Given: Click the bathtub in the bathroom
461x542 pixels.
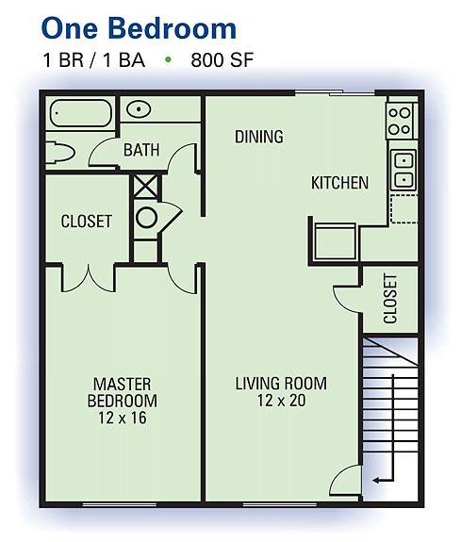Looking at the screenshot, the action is [x=81, y=113].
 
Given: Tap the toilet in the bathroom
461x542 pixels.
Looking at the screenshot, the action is [x=59, y=153].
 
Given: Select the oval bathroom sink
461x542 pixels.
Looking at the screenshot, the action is [x=139, y=109].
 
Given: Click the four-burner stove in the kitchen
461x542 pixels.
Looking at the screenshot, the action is [x=401, y=121].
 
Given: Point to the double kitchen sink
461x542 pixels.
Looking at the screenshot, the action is [x=403, y=170].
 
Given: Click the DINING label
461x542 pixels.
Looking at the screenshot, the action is [x=259, y=137].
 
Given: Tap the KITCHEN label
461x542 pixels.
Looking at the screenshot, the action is [x=339, y=183].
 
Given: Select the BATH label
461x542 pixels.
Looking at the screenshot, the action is [x=141, y=150].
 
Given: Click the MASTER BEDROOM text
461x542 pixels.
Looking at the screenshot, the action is [x=123, y=392].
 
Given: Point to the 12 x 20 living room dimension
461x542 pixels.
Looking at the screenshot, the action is [x=281, y=401].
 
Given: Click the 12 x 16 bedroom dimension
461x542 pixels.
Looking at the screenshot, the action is [x=123, y=418].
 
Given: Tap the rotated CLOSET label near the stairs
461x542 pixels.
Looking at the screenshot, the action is [x=390, y=299].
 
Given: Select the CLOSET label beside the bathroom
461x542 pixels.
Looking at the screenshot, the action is [x=87, y=222].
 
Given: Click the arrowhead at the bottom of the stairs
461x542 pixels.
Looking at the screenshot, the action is [x=376, y=480].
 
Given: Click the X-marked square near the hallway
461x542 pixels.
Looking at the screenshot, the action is [x=145, y=187].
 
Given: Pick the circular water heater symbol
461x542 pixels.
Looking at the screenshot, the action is [x=147, y=218].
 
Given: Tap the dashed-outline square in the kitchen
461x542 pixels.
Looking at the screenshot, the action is [x=403, y=208].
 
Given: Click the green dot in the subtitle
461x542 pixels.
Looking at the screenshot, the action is [x=169, y=59].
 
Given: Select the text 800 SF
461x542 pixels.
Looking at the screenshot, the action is [x=222, y=59].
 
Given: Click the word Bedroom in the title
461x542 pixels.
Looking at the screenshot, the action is [x=173, y=28].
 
